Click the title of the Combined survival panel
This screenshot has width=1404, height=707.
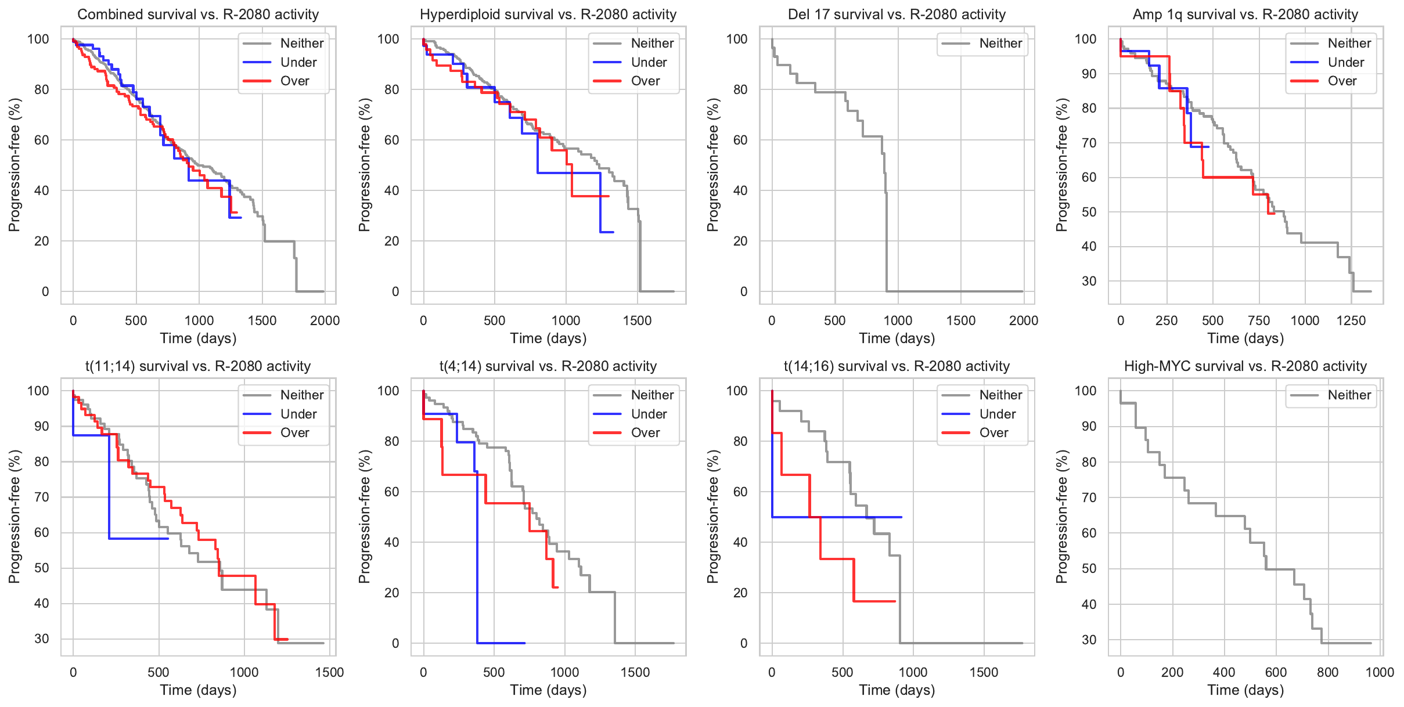point(198,15)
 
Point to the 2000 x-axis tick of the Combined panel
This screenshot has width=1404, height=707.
point(325,320)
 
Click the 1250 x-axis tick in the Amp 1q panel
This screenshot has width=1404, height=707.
point(1351,320)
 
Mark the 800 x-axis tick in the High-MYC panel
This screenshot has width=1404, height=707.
point(1327,672)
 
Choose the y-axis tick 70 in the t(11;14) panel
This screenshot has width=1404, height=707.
point(42,497)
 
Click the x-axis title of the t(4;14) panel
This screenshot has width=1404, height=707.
point(548,690)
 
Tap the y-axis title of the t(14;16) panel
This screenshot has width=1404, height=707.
point(713,517)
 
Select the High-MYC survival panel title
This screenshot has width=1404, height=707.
point(1245,366)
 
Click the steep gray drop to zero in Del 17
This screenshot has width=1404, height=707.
point(887,244)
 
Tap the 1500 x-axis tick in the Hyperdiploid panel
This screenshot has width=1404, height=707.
point(637,320)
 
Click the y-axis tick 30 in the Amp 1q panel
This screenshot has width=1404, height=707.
point(1089,281)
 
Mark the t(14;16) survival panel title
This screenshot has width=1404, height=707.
point(897,366)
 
